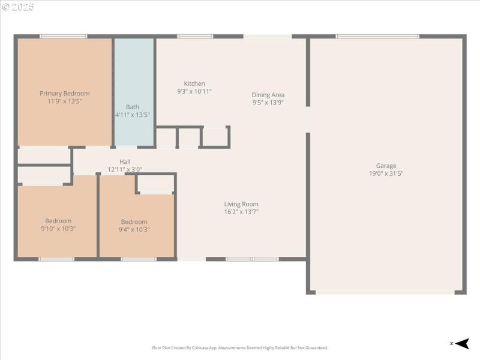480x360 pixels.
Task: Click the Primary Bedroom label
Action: (x=64, y=93)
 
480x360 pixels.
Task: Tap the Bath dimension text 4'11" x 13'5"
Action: (x=132, y=115)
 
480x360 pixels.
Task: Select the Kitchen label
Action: (x=194, y=83)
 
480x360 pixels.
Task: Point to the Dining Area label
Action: (x=268, y=95)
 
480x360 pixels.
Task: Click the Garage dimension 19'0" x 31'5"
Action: (x=386, y=173)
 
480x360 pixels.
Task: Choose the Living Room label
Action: (x=241, y=204)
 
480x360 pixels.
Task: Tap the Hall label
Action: (x=125, y=161)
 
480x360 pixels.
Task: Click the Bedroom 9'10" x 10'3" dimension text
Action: (x=58, y=229)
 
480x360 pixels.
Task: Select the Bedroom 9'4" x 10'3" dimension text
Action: (x=134, y=229)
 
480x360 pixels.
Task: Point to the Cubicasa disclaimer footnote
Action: (x=240, y=348)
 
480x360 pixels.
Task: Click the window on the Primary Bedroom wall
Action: (x=63, y=37)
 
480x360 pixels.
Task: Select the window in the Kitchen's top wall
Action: (x=195, y=37)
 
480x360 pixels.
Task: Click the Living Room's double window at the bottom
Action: (x=252, y=259)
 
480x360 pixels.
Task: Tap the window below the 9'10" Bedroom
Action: (x=56, y=259)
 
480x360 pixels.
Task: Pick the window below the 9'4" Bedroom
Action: (x=139, y=259)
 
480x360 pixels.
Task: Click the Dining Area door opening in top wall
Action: (x=267, y=37)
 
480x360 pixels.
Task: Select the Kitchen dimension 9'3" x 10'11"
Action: (x=194, y=91)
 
